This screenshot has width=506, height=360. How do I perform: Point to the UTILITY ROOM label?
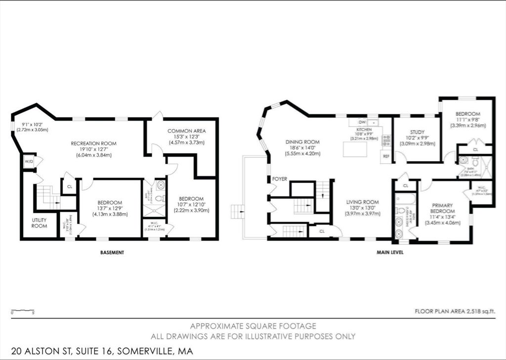click(x=40, y=223)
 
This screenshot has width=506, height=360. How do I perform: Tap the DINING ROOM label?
click(x=302, y=142)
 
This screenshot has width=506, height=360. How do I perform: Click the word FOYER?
click(x=280, y=179)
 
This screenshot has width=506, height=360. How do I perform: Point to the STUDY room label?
click(x=417, y=132)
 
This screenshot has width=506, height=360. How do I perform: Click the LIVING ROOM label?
click(x=362, y=202)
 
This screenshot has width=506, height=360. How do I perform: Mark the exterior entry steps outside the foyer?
click(x=238, y=212)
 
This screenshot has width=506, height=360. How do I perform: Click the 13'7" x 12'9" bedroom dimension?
click(x=110, y=208)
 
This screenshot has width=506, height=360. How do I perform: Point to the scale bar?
click(x=23, y=312)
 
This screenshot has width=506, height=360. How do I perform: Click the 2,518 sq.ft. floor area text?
click(x=454, y=312)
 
